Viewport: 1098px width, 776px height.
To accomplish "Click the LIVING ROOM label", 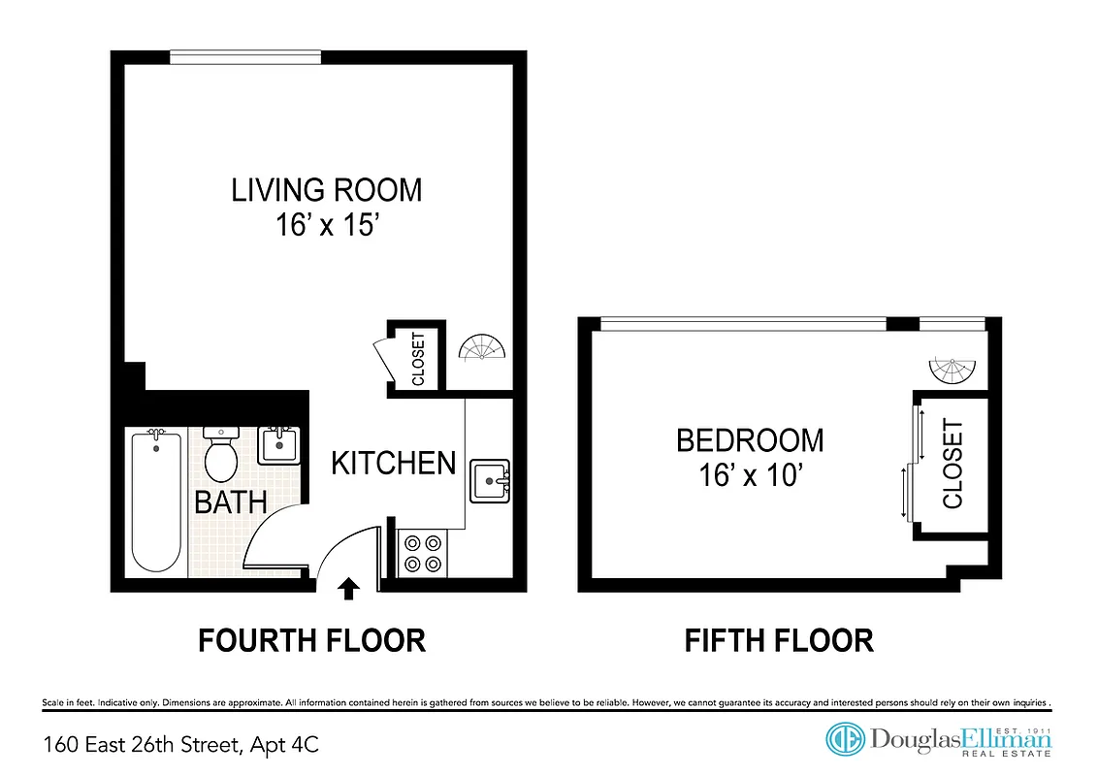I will click(x=326, y=189).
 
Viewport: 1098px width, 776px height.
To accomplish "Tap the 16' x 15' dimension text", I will click(x=326, y=226).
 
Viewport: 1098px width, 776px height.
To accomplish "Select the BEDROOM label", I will click(x=750, y=440).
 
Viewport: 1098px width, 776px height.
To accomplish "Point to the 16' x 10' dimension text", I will click(x=750, y=475).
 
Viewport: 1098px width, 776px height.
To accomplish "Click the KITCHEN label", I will click(x=393, y=464).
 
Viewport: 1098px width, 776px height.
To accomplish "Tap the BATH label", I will click(x=231, y=502).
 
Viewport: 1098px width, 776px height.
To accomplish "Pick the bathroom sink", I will click(x=279, y=445).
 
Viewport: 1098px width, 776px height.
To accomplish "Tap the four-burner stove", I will click(x=422, y=553).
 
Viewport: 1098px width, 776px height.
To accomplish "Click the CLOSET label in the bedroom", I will click(x=953, y=464).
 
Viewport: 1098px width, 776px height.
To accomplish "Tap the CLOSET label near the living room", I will click(x=419, y=359).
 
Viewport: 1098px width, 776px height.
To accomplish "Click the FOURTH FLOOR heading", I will click(x=311, y=641).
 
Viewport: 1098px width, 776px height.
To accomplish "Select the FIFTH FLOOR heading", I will click(x=779, y=641).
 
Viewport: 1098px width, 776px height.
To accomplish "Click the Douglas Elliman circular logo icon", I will click(x=845, y=739).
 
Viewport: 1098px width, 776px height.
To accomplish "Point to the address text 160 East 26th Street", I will click(x=180, y=745).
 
